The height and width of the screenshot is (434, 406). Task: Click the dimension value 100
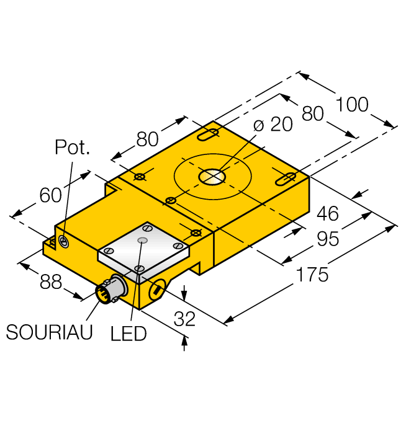(352, 105)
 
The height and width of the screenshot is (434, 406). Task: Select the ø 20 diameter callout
(273, 124)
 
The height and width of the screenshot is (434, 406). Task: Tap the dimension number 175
(312, 275)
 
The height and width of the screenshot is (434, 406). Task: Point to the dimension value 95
(328, 239)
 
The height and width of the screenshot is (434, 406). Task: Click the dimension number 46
(328, 213)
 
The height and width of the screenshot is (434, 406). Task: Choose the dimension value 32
(184, 319)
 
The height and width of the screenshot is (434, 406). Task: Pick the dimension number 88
(51, 282)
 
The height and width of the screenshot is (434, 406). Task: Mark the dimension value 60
(50, 195)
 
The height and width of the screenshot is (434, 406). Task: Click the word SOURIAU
(49, 332)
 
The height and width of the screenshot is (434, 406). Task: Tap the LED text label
(129, 334)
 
